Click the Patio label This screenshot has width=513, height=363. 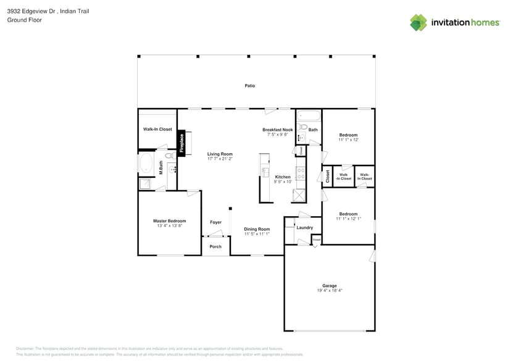pos(249,86)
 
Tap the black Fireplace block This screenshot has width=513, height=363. pos(181,143)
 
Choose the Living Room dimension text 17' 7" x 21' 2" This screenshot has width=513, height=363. pos(219,159)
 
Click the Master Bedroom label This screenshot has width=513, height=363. pos(169,220)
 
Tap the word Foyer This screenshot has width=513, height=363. pos(215,222)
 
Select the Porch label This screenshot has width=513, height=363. pos(215,247)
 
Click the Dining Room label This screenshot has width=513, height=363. pos(256,229)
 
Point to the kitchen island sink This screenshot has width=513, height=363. pos(265,172)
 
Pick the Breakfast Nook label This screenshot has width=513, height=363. pos(277,130)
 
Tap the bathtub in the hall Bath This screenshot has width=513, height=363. pos(309,115)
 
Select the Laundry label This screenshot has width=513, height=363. pos(304,228)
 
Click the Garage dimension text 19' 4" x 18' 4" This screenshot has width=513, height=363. pos(330,290)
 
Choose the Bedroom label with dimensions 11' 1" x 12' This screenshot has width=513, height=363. pos(348,135)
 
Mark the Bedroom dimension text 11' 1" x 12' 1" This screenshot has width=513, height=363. pos(348,219)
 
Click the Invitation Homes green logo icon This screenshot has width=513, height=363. pos(419,22)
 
